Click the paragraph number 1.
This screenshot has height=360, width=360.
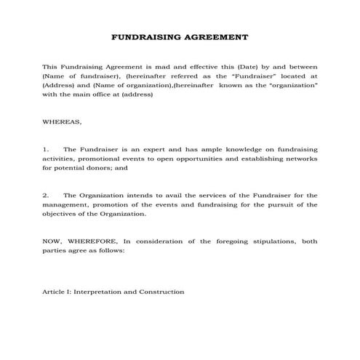click(45, 148)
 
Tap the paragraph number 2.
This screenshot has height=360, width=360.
click(45, 195)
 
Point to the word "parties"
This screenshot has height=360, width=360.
click(55, 250)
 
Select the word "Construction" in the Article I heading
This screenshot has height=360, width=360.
click(161, 292)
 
